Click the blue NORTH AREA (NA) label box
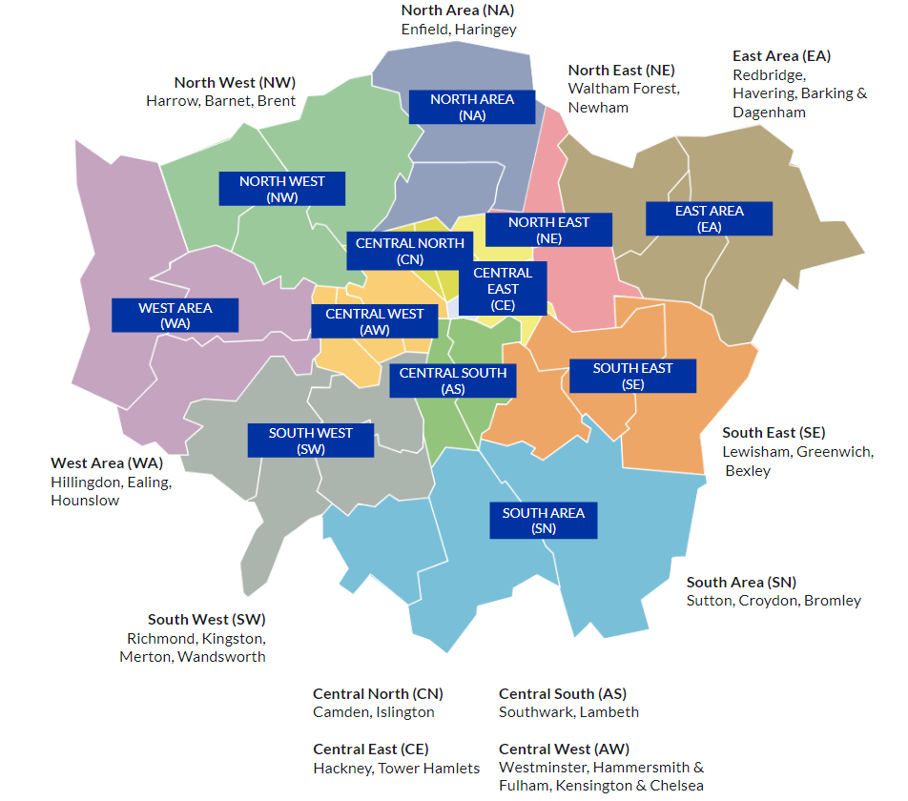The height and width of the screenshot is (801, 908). coord(472,107)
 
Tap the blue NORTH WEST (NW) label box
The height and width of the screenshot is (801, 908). coord(281,189)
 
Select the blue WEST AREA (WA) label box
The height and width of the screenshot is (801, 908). coord(175,316)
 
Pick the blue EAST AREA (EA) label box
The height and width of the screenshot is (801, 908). coord(709,218)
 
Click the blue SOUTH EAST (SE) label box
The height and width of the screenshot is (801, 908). coord(632,376)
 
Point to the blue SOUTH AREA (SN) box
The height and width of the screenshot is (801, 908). coord(543,521)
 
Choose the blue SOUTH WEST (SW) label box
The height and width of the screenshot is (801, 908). coord(310,441)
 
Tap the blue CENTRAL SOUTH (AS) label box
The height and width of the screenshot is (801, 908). coord(453,380)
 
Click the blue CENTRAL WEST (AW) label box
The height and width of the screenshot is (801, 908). coord(374,321)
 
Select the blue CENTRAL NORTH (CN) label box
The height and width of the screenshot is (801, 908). coord(409,251)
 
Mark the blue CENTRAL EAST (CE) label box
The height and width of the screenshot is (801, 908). coord(503,289)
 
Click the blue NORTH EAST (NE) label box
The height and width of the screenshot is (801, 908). coord(548,230)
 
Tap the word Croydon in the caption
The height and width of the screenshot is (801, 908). coord(770,601)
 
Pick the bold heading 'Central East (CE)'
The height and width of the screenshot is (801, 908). coord(370,749)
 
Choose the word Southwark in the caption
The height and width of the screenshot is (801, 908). coord(534,712)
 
